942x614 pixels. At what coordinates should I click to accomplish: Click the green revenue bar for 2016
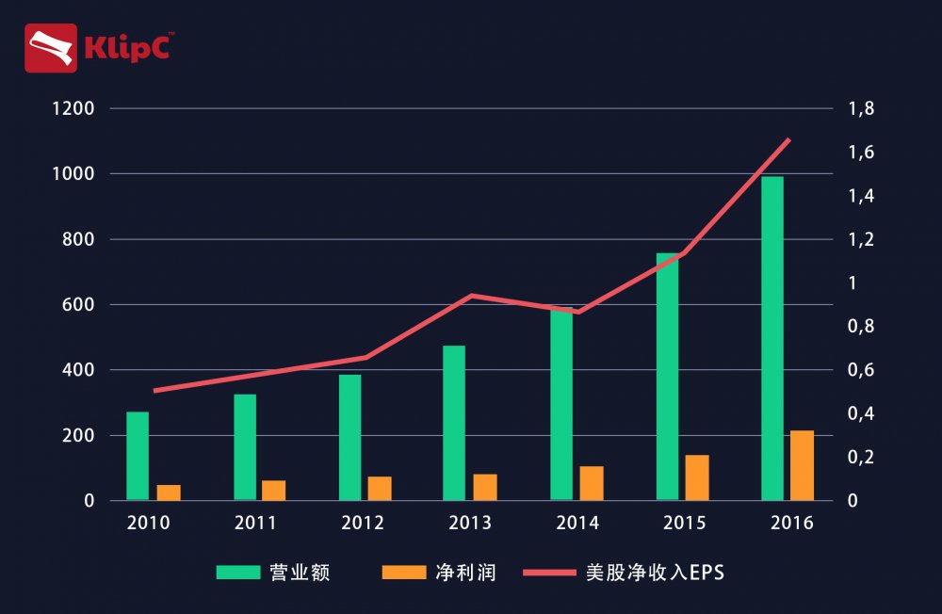click(772, 339)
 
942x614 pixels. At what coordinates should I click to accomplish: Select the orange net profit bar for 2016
click(802, 465)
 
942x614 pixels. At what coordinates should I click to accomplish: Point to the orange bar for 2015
click(697, 477)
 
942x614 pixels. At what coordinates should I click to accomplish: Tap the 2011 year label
click(254, 524)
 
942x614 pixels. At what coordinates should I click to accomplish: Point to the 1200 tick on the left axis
click(74, 109)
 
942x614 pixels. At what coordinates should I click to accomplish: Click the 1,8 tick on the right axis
click(861, 109)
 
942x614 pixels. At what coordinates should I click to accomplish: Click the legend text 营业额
click(300, 572)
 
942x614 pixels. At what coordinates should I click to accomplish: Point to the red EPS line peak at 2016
click(788, 139)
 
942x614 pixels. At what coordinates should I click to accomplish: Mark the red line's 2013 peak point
click(471, 296)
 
